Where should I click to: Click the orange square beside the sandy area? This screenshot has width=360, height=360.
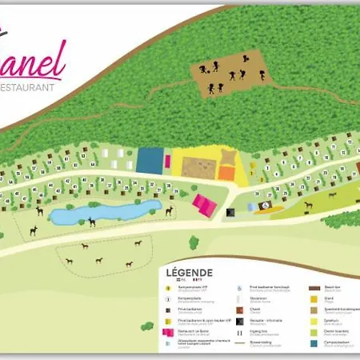coord(227,172)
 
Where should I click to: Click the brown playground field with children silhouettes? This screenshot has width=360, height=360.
coord(228,73)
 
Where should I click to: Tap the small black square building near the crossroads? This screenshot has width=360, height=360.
coord(230,214)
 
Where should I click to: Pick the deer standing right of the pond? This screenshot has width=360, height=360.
coord(169,211)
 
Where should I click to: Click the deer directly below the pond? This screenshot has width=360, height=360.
coord(93,223)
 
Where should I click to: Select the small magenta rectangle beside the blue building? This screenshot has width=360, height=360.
coord(168,161)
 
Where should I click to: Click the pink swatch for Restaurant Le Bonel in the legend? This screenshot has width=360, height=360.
coord(168,333)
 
